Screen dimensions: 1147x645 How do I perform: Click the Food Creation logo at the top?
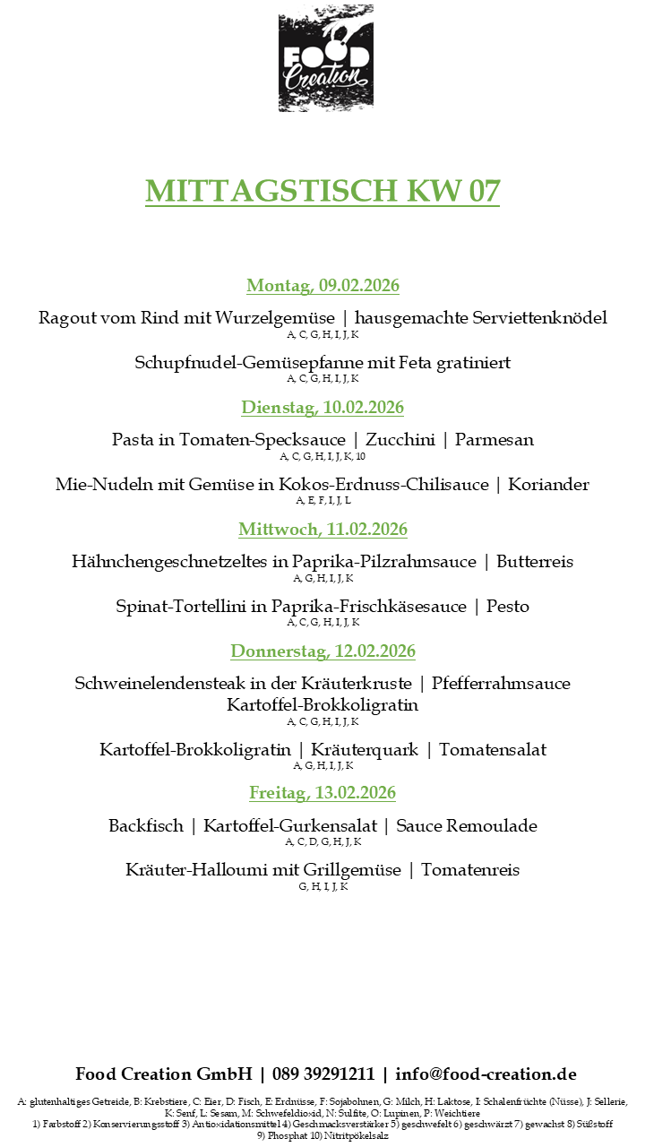tap(325, 58)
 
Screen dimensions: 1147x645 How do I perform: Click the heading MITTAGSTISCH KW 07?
tap(322, 191)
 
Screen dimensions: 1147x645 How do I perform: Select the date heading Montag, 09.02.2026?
tap(322, 286)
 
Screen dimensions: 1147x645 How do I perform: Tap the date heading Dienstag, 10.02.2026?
tap(322, 408)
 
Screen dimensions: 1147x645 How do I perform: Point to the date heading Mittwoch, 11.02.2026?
tap(322, 530)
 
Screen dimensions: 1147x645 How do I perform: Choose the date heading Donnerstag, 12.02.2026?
tap(322, 651)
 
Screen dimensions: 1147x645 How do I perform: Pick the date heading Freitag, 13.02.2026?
tap(322, 793)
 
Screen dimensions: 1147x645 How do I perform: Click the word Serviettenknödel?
tap(531, 318)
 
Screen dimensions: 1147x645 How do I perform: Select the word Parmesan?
tap(494, 440)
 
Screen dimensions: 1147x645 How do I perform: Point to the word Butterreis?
tap(535, 562)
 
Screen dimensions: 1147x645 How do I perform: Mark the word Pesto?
tap(508, 607)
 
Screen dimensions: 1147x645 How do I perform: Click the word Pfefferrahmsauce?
tap(501, 684)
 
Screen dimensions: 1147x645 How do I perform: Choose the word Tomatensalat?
tap(493, 750)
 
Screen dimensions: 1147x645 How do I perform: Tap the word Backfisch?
tap(146, 825)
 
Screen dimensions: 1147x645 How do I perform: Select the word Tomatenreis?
tap(470, 870)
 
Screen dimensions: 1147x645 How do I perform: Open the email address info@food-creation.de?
tap(486, 1074)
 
